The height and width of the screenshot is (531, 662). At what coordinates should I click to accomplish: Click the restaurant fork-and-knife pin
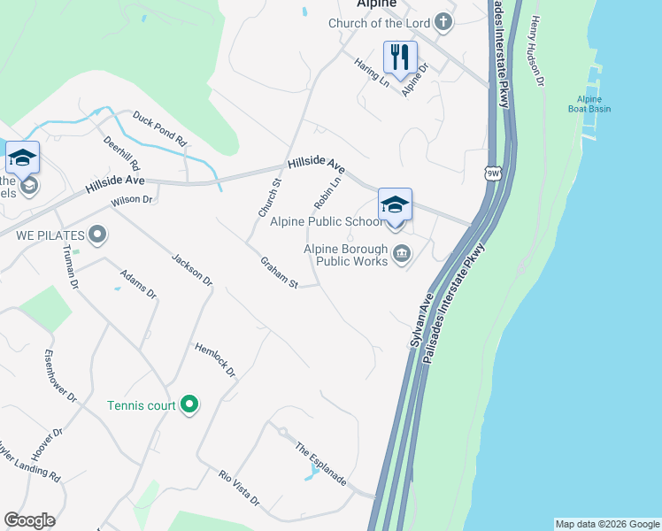(399, 58)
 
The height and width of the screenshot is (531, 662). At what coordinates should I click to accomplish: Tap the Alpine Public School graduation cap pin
(395, 205)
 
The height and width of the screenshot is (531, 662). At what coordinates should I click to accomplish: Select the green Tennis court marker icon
(189, 405)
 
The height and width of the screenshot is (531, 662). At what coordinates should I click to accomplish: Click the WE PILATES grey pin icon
(97, 235)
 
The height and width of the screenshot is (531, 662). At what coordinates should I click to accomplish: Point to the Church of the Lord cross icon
(444, 23)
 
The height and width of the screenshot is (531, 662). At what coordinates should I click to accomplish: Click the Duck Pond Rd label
(159, 128)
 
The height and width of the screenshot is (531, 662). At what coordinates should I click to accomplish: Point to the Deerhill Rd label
(121, 154)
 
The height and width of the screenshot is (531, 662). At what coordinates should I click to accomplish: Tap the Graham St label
(279, 273)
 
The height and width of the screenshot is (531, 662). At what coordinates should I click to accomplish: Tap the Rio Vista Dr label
(239, 488)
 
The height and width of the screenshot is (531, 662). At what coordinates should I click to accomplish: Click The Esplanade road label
(320, 463)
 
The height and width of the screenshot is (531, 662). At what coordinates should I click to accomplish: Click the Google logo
(29, 520)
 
